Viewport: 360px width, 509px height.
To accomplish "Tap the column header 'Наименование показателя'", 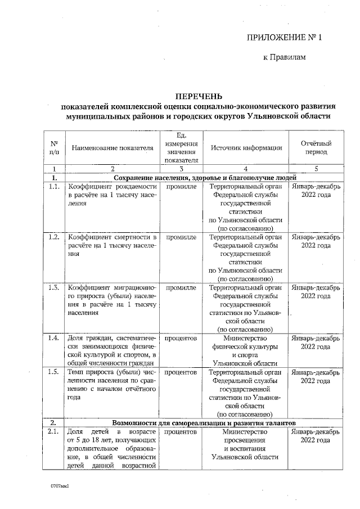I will pos(112,148).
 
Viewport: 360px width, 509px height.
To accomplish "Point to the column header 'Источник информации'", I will pos(246,148).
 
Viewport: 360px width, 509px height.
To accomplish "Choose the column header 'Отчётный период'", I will pos(316,147).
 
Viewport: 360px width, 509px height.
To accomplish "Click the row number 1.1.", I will pos(54,186).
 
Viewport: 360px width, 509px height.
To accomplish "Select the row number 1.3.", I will pos(54,287).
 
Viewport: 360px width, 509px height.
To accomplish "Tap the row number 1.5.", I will pos(54,372).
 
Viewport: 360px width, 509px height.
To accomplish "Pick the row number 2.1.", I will pos(54,431).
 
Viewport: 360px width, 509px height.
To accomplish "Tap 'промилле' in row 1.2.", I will pos(181,237).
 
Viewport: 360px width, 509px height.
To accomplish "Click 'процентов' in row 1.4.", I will pos(181,339).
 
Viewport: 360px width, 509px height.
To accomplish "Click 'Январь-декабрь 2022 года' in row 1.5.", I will pos(316,376).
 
